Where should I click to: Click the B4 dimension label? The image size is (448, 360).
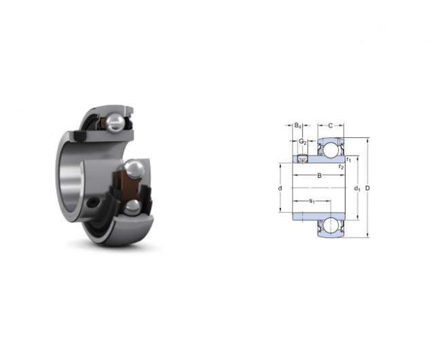(x=298, y=126)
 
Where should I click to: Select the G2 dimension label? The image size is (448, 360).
(x=303, y=141)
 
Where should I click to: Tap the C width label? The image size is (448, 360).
(x=331, y=126)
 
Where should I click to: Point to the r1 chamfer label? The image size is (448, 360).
(x=349, y=159)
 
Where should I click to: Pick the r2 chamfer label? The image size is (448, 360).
(x=341, y=166)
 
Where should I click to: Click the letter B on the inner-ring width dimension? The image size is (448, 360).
(x=320, y=175)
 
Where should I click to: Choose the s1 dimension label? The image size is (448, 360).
(x=312, y=201)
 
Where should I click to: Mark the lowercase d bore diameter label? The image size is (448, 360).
(x=280, y=188)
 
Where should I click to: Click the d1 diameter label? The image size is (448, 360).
(x=357, y=188)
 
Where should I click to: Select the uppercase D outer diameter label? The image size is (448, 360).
(x=368, y=188)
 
